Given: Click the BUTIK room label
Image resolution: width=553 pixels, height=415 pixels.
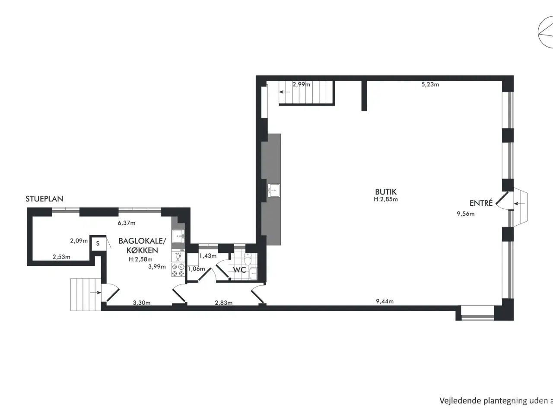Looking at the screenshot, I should pyautogui.click(x=385, y=192).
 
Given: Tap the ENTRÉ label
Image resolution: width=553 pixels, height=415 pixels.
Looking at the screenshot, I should pyautogui.click(x=481, y=203).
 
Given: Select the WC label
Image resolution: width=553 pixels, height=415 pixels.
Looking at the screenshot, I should pyautogui.click(x=239, y=270).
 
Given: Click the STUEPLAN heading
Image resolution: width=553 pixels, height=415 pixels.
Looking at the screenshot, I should pyautogui.click(x=44, y=199).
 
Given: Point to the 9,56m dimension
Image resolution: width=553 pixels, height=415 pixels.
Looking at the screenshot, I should pyautogui.click(x=465, y=214).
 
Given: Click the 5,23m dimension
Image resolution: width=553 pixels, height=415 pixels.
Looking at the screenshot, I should pyautogui.click(x=430, y=85).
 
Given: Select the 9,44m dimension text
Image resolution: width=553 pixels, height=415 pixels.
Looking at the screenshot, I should pyautogui.click(x=385, y=301).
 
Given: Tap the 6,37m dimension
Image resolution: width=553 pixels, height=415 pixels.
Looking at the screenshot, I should pyautogui.click(x=127, y=223).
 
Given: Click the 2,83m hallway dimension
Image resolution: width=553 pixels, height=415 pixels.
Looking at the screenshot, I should pyautogui.click(x=223, y=303).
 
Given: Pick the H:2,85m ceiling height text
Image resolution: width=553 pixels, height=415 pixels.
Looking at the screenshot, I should pyautogui.click(x=385, y=200).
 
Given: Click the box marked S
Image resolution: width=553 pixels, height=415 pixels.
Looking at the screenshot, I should pyautogui.click(x=98, y=243).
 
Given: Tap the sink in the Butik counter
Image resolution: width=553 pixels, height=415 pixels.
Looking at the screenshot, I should pyautogui.click(x=273, y=190).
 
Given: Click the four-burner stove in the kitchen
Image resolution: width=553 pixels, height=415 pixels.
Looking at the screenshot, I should pyautogui.click(x=178, y=270).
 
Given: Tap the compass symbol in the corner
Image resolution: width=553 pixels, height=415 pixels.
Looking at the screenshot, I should pyautogui.click(x=545, y=30).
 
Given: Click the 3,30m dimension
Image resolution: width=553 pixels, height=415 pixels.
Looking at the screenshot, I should pyautogui.click(x=141, y=303).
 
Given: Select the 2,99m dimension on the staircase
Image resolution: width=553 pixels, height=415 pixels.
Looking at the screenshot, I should pyautogui.click(x=301, y=84).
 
